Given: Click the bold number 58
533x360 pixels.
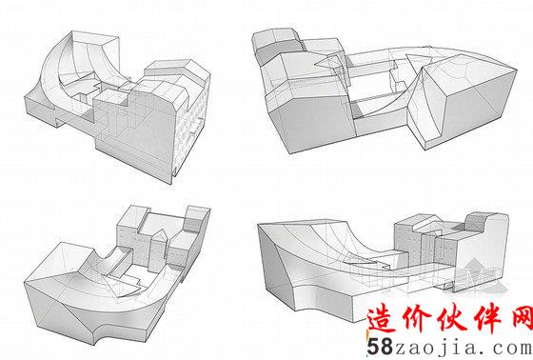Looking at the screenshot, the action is pyautogui.click(x=380, y=347).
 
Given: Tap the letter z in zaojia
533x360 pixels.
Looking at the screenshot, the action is pyautogui.click(x=401, y=350).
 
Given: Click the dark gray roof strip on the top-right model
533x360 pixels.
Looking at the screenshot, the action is pyautogui.click(x=277, y=48).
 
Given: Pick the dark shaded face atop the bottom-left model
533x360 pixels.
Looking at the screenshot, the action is pyautogui.click(x=193, y=226).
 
